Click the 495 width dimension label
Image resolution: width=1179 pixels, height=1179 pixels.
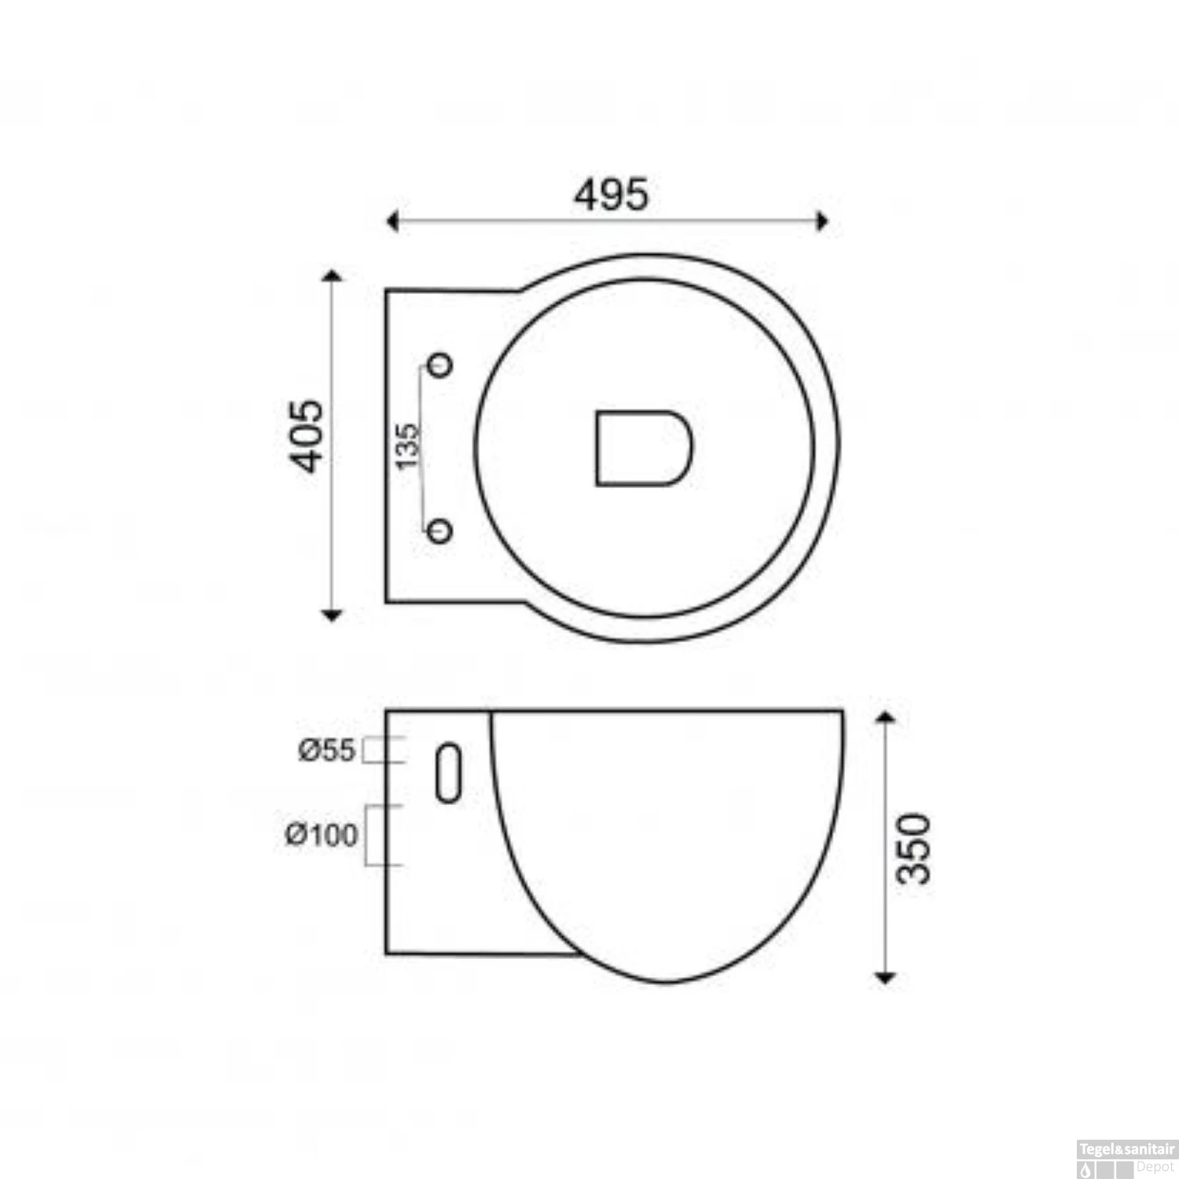(x=612, y=195)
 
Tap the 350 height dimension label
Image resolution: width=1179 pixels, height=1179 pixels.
(x=915, y=848)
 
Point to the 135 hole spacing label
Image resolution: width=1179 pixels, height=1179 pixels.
(x=407, y=446)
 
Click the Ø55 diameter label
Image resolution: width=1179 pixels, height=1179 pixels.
(x=327, y=751)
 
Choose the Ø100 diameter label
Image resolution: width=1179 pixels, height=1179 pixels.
(x=321, y=835)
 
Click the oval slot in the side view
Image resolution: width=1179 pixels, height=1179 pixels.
(x=448, y=773)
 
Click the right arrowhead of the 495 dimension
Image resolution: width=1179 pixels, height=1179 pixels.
(x=822, y=222)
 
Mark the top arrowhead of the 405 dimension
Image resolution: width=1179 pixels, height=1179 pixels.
(x=332, y=276)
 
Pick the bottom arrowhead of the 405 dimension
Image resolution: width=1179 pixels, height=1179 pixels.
(x=332, y=615)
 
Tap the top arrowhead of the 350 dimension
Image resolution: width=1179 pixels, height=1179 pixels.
(x=886, y=717)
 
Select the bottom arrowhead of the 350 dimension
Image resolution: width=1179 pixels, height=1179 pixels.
(x=886, y=977)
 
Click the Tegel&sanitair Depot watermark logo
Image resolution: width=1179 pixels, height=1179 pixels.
(x=1127, y=1159)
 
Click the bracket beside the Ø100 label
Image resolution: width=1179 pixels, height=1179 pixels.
(x=384, y=835)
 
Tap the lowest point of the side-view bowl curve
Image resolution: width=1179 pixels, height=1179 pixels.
(x=667, y=982)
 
